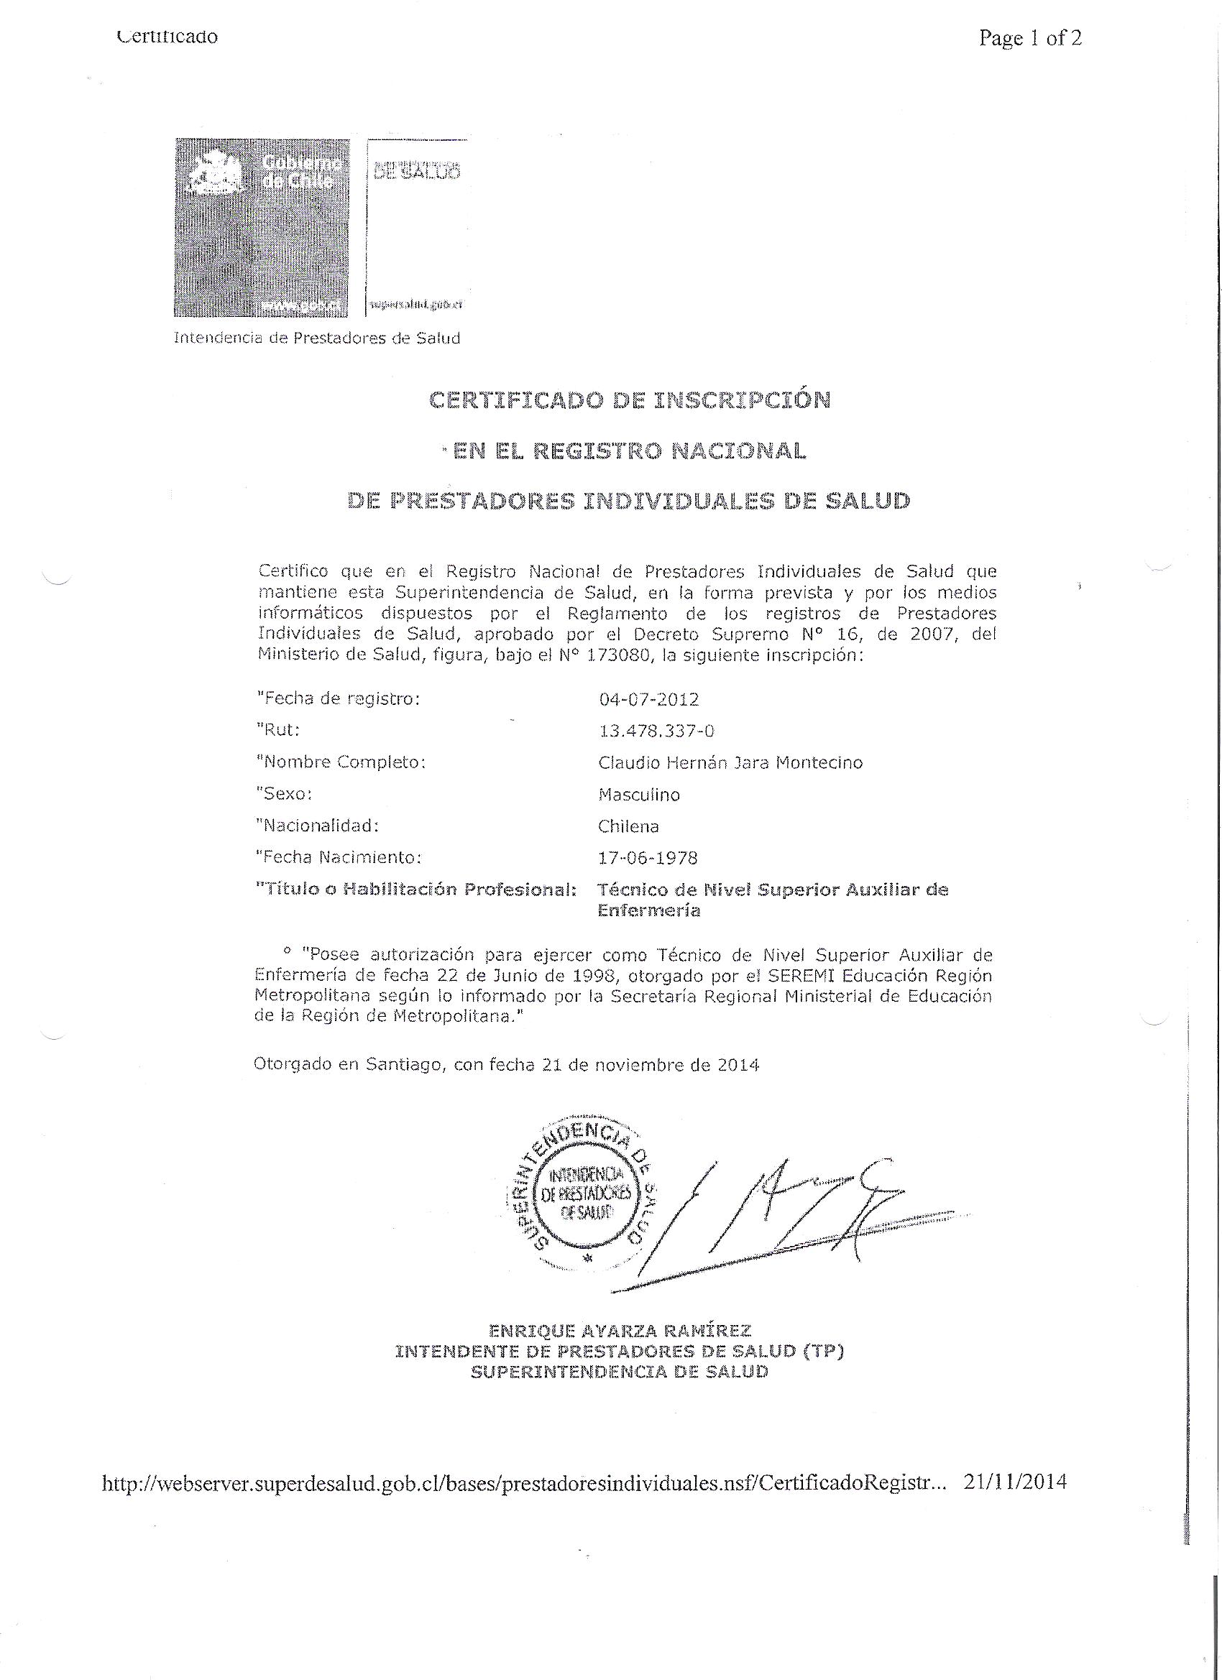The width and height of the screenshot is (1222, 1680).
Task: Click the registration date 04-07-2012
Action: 648,699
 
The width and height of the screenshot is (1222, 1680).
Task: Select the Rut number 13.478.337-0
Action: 656,731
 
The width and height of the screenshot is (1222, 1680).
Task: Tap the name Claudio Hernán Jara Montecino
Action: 730,762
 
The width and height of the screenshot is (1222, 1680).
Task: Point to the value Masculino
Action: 639,795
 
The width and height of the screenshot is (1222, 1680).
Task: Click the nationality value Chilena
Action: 628,826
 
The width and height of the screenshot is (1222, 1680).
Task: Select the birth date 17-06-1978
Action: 648,858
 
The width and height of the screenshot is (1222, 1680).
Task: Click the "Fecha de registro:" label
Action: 338,698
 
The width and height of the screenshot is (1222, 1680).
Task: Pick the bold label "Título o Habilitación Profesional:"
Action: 415,890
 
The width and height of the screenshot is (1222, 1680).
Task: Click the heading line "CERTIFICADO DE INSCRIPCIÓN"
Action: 630,400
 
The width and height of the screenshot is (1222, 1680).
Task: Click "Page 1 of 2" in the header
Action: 1029,38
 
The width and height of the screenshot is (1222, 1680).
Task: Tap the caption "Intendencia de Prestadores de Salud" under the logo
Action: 317,338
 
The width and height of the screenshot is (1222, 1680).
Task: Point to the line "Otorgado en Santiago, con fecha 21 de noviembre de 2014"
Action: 507,1065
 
